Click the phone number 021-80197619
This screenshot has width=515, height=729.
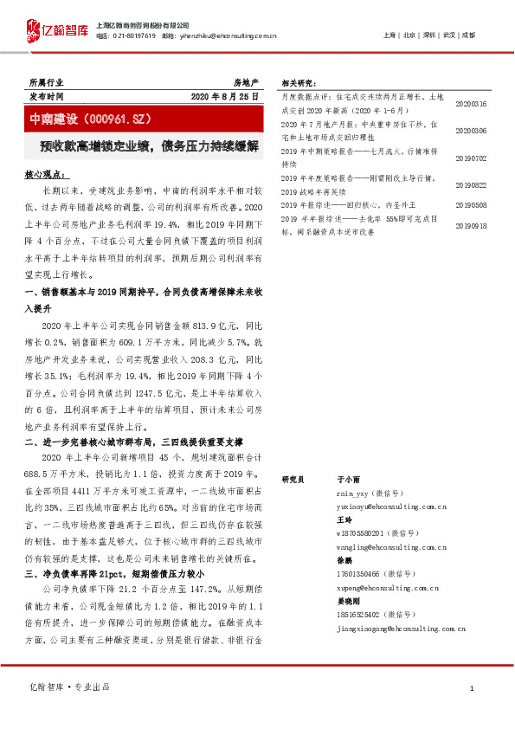pos(136,36)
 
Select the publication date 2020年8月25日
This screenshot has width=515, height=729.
pos(225,96)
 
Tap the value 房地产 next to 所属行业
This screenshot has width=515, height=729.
pos(246,81)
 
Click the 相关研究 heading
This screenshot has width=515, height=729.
pos(299,83)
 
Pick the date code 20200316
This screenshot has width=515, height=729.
pos(471,103)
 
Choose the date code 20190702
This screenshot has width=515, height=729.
pos(471,158)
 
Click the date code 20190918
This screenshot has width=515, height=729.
pos(471,225)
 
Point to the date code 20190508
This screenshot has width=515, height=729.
pos(471,206)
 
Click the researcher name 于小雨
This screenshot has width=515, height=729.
pos(347,478)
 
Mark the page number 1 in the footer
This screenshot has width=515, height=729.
pos(471,687)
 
